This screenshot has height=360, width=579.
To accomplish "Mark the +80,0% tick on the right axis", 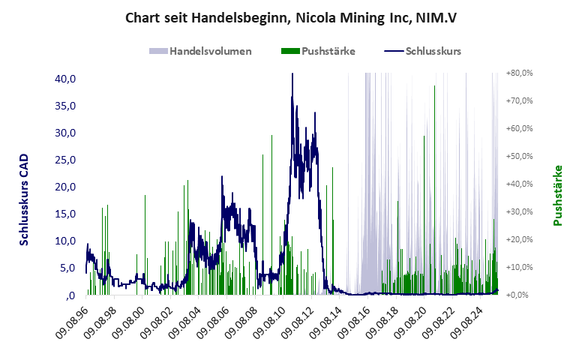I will (x=519, y=73).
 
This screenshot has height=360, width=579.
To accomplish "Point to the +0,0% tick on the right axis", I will (x=519, y=295).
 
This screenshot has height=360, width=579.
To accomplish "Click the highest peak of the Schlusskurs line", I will (x=292, y=74).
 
